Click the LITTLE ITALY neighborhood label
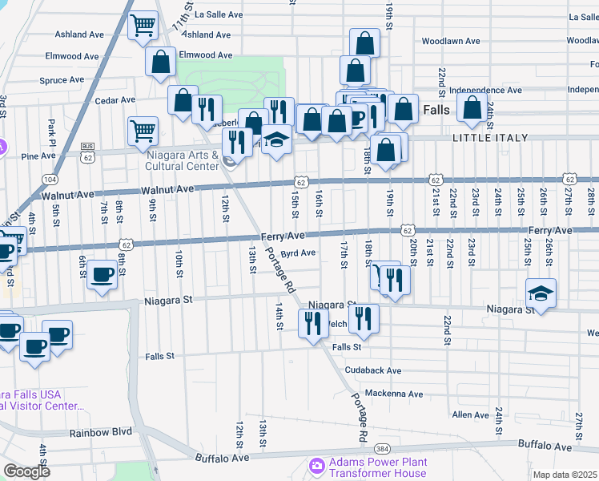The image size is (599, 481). click(490, 138)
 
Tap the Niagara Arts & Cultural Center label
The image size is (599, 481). click(182, 159)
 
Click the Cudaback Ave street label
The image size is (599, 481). click(372, 370)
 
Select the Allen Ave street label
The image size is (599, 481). click(470, 414)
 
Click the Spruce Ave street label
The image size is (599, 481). click(62, 79)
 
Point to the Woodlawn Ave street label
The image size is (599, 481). click(450, 41)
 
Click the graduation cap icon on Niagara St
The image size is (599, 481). click(541, 293)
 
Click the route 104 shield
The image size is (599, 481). click(50, 179)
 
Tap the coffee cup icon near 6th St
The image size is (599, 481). click(103, 275)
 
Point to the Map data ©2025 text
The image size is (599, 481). click(565, 475)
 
